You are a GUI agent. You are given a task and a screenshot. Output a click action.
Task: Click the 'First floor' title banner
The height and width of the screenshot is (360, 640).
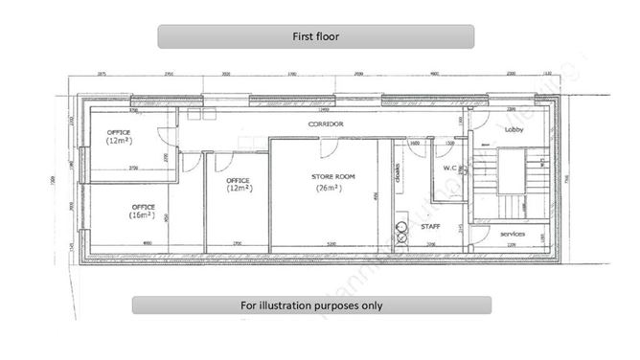pos(316,36)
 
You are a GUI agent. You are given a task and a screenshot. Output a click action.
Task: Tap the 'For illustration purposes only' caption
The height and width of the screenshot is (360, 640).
pos(311,305)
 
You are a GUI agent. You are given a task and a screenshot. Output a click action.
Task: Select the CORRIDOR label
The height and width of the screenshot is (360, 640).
pos(325,125)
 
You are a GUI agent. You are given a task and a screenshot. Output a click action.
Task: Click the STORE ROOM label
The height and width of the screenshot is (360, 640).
pos(332,177)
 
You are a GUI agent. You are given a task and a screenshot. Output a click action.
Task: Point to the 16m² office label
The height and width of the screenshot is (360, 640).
pos(143,211)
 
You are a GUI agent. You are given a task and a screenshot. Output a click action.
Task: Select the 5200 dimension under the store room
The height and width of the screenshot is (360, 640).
pos(331,245)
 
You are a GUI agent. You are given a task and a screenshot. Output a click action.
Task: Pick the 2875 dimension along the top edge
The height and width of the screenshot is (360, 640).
pos(103,74)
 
